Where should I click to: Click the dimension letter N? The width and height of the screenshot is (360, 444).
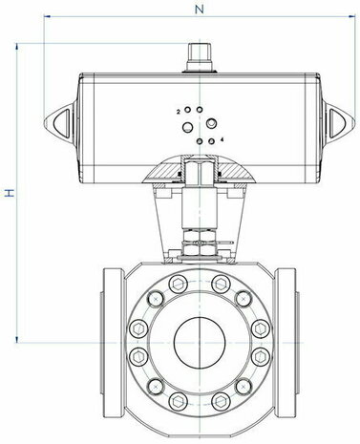(x=200, y=10)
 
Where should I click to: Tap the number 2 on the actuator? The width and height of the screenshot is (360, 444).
(x=179, y=112)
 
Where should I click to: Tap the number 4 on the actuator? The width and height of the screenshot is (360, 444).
(x=222, y=139)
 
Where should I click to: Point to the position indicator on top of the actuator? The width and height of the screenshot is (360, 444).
(x=200, y=57)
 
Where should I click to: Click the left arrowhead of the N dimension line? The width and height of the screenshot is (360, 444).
(x=47, y=16)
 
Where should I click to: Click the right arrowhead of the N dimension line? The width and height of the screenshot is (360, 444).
(x=352, y=16)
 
